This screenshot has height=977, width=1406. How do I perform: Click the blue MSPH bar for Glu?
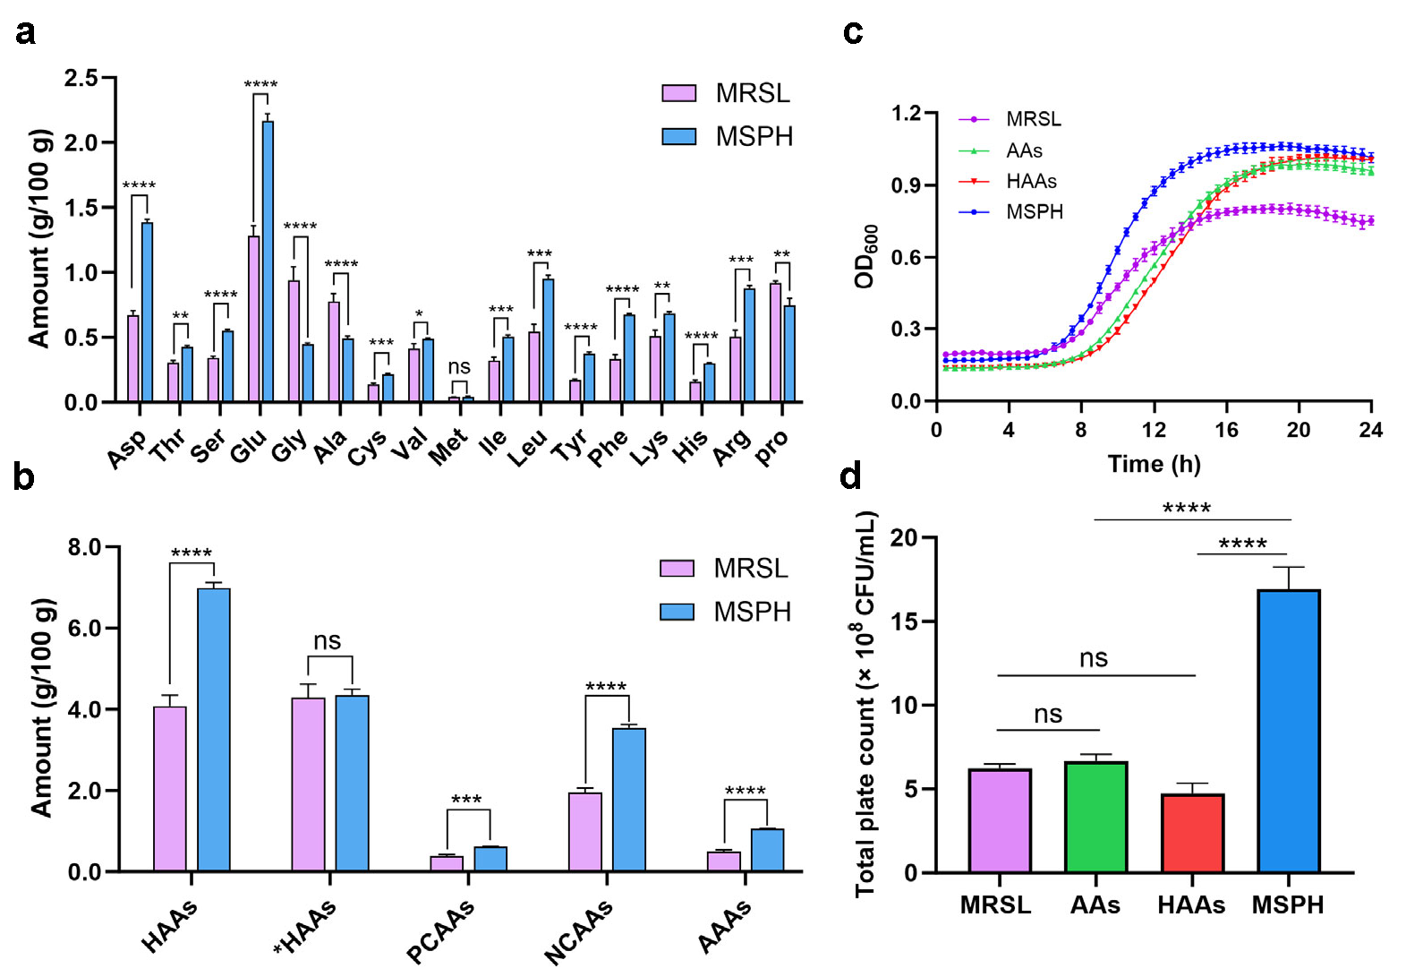pos(268,261)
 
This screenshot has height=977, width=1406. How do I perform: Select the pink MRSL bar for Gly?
pos(294,341)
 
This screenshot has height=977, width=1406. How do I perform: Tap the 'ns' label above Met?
pos(458,367)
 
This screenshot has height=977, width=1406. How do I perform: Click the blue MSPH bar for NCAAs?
pos(629,800)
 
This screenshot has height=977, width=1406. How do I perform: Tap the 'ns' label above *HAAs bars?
pos(328,641)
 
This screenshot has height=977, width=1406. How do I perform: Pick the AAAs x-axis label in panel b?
pos(725,926)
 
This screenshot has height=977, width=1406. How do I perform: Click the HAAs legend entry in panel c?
pos(1031,182)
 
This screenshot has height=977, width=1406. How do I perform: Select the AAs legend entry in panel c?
pos(1024,150)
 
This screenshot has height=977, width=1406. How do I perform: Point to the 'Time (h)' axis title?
pos(1154,464)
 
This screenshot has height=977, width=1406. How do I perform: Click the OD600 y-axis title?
pos(866,257)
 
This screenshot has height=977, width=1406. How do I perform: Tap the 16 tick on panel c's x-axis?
pos(1226,431)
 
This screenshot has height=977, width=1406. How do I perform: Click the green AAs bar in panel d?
pos(1096,817)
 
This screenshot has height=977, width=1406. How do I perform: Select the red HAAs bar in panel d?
pos(1192,833)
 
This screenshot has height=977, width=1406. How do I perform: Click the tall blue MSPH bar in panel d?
pos(1289,731)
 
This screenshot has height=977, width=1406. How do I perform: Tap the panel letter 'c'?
pos(852,32)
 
